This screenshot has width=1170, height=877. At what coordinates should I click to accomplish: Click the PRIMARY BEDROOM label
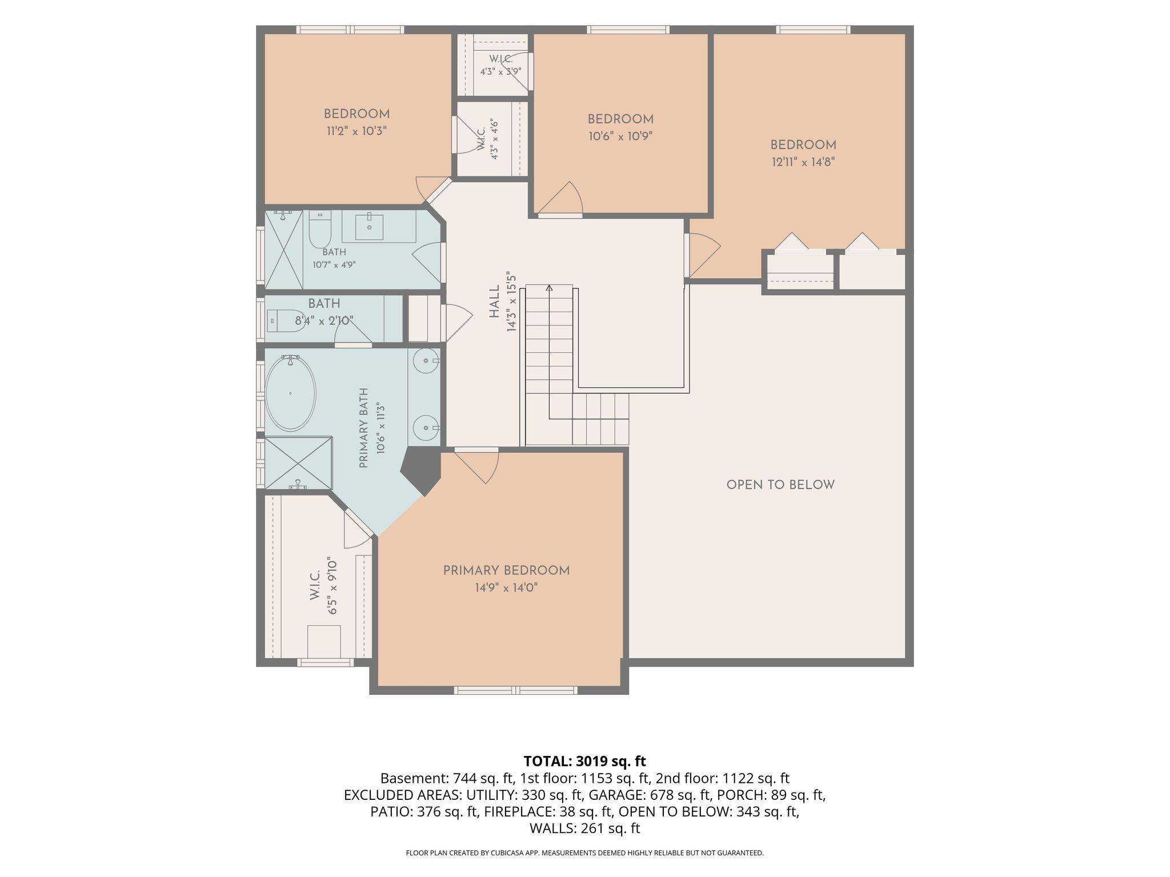[x=506, y=570]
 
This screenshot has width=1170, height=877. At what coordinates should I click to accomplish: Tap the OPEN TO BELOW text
[x=780, y=485]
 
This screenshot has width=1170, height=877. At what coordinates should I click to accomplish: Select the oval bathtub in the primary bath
[x=290, y=393]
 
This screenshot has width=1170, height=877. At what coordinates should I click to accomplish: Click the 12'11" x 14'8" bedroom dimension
[x=803, y=162]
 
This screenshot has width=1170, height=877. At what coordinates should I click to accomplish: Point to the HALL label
[x=494, y=302]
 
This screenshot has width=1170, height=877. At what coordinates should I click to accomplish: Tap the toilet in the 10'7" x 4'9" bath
[x=319, y=230]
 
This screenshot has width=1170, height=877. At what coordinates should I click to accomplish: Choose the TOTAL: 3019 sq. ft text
[x=584, y=761]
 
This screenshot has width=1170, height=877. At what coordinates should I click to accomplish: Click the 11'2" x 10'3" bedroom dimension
[x=356, y=131]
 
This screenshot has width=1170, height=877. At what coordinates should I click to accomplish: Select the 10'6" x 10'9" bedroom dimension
[x=620, y=136]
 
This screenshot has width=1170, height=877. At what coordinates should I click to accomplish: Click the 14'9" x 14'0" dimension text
[x=506, y=588]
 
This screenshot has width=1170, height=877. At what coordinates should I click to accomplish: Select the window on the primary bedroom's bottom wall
[x=515, y=690]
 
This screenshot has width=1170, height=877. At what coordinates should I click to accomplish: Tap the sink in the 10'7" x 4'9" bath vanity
[x=368, y=227]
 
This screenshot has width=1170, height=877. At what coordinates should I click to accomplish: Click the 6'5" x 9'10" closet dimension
[x=332, y=586]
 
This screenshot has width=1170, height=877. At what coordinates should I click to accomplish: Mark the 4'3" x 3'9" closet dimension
[x=500, y=72]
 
